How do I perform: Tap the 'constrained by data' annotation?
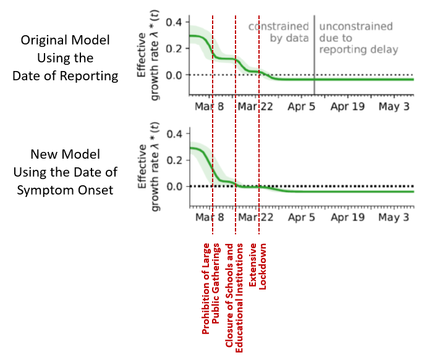[x=279, y=32]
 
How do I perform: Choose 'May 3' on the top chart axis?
[x=394, y=107]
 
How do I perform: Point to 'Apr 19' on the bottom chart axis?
[x=347, y=218]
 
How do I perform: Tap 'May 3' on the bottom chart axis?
[x=394, y=218]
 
